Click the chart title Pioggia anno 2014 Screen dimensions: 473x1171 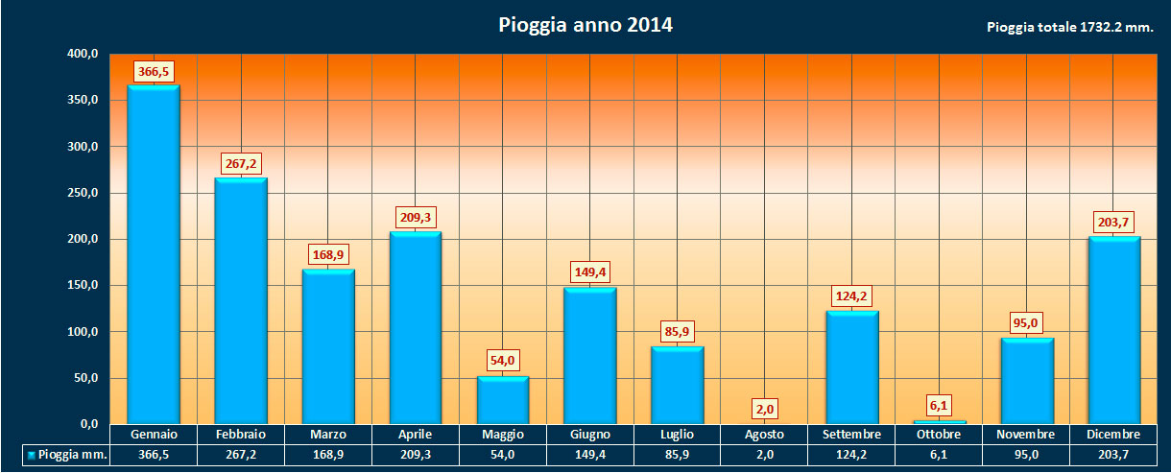(585, 25)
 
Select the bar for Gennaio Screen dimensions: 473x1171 (154, 254)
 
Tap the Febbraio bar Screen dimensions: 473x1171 (241, 300)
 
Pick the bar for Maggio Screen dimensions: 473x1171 (503, 400)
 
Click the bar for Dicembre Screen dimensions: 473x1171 (1114, 330)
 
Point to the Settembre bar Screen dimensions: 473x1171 (852, 367)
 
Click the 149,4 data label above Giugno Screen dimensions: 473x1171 (589, 273)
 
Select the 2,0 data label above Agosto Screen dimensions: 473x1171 (764, 410)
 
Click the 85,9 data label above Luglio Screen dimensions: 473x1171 (677, 333)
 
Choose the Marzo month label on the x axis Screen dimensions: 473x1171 (327, 435)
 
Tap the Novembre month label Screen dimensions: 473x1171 (1026, 435)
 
